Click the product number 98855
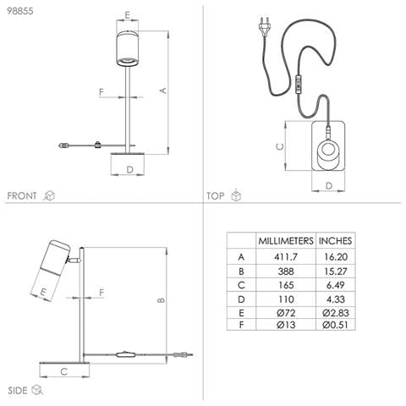click(20, 11)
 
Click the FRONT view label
click(22, 195)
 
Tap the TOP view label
click(216, 195)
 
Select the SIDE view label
click(18, 391)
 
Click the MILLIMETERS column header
click(286, 241)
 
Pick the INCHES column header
click(335, 241)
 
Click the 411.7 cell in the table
click(286, 257)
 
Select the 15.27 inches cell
click(336, 272)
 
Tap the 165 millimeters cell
click(286, 285)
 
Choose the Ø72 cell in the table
click(286, 313)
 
